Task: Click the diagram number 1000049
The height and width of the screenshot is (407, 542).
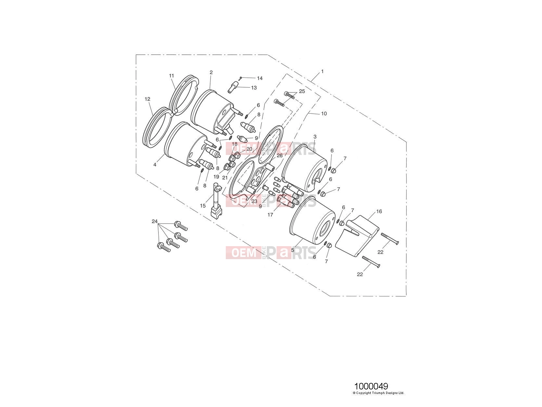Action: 371,386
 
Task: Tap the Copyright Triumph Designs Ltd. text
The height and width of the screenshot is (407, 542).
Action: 379,393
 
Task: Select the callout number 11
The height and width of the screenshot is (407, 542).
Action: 172,76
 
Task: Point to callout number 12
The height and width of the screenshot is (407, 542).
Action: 147,99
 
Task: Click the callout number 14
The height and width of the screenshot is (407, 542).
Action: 260,78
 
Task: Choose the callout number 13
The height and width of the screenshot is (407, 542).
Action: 254,88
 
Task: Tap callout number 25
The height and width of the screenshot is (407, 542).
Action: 302,91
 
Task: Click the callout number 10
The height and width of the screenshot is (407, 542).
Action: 324,113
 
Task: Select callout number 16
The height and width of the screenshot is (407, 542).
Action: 379,211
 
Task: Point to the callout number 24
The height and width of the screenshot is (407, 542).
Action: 155,221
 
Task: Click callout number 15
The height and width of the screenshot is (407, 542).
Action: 203,205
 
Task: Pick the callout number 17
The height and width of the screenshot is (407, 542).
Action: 270,215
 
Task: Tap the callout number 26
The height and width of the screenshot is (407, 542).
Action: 279,155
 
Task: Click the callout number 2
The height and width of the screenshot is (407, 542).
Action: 211,72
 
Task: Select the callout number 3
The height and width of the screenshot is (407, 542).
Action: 315,136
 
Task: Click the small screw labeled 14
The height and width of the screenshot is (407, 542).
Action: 240,78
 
